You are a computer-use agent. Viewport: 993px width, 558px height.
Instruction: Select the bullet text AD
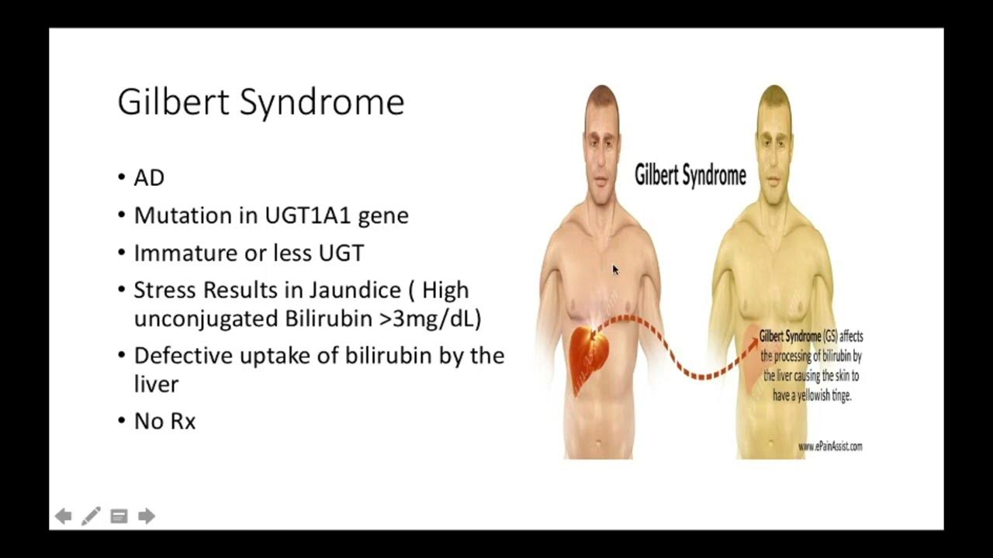(x=149, y=178)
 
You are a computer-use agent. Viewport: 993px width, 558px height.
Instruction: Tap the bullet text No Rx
(x=164, y=422)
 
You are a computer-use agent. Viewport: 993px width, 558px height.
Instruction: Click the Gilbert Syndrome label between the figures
(x=690, y=175)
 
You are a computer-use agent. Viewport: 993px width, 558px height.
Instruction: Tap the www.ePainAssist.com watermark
(x=829, y=446)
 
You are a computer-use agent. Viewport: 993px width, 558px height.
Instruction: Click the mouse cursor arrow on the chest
(x=615, y=269)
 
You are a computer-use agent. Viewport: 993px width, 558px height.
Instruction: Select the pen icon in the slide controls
(x=91, y=515)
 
